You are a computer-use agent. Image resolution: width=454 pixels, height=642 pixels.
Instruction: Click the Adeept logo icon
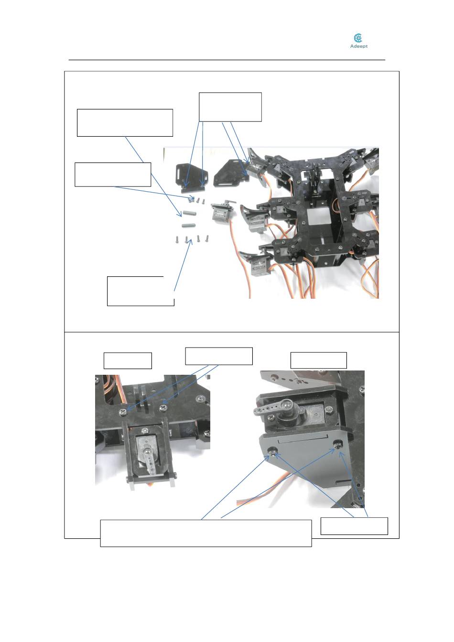tap(358, 38)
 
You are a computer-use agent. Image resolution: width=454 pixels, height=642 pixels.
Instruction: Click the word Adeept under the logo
tap(358, 46)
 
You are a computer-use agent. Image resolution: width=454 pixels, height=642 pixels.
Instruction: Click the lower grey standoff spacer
tap(188, 225)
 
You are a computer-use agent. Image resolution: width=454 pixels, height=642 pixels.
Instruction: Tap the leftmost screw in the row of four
tap(177, 239)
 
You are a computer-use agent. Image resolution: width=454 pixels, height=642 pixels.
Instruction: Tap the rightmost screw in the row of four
tap(207, 238)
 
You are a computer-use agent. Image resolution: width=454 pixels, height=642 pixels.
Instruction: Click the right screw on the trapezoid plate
tap(338, 444)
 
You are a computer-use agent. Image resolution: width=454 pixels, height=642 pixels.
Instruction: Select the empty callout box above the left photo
tap(128, 360)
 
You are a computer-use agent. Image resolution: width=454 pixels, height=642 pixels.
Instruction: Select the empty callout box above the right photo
tap(318, 360)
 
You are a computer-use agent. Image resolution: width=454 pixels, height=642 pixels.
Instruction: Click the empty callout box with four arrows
tap(230, 107)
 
